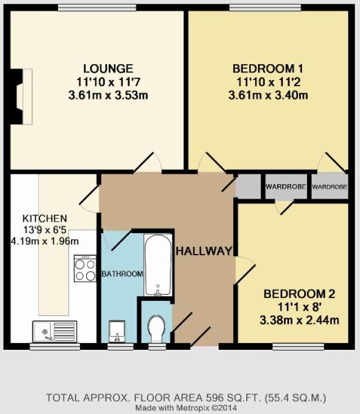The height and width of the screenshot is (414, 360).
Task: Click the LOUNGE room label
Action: coord(108,68)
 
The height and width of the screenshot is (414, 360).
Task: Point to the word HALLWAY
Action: coord(203,250)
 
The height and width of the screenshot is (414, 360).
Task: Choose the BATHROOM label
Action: coord(123,274)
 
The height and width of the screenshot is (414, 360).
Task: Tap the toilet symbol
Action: coord(157,328)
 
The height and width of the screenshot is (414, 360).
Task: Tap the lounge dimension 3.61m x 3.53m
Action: coord(108,95)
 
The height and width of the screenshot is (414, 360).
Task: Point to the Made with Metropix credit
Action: coord(185,408)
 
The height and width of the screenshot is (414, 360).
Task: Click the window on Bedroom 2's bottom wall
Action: coord(291,346)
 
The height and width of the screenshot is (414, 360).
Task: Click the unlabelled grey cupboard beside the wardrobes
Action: coord(248,186)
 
